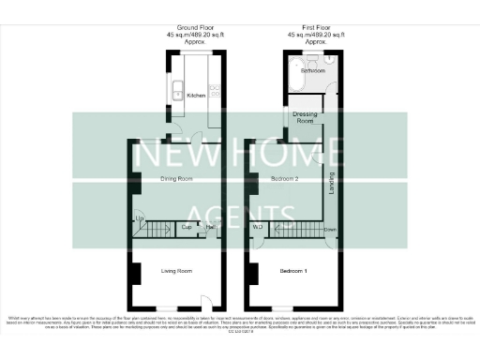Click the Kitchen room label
coord(196,96)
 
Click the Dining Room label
coord(175,178)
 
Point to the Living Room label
coord(176,271)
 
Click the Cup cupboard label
coord(187,228)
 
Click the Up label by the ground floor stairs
coord(140,219)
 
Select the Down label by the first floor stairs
coord(330,228)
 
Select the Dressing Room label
coord(305,118)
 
